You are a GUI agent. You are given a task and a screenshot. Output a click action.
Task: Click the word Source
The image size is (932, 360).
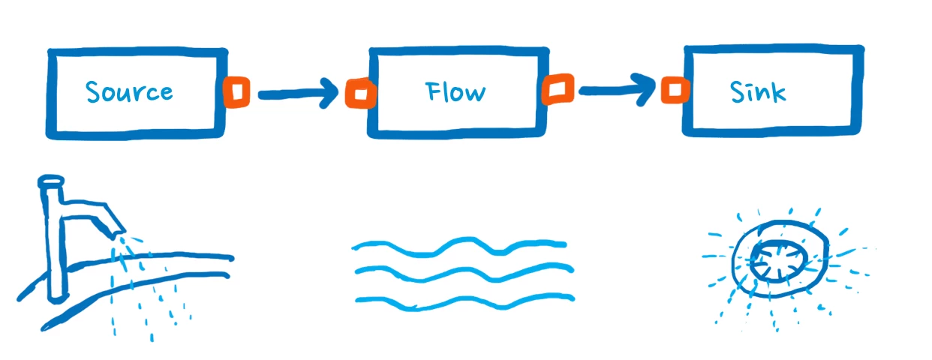pyautogui.click(x=129, y=92)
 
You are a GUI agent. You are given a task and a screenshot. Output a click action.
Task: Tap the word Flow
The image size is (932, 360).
pyautogui.click(x=455, y=92)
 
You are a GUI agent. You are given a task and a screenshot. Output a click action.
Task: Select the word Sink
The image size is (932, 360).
pyautogui.click(x=758, y=92)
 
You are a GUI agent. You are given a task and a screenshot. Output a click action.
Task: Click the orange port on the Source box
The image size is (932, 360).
pyautogui.click(x=236, y=92)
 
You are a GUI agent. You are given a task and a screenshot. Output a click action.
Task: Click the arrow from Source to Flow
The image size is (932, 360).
pyautogui.click(x=296, y=94)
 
